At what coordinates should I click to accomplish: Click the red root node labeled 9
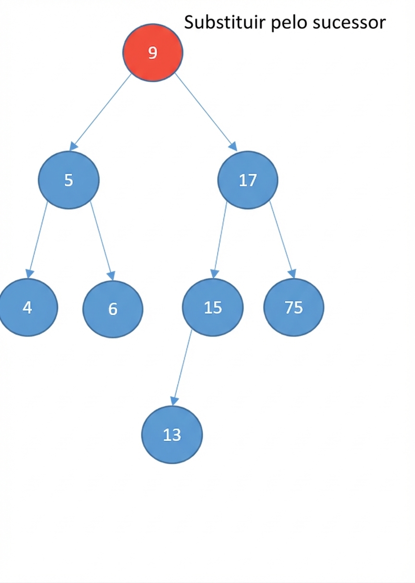point(153,52)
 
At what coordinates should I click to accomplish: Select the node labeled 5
point(69,180)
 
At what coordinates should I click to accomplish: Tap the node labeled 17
point(248,180)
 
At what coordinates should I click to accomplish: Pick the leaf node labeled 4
point(27,307)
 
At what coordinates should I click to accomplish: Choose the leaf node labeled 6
point(113,309)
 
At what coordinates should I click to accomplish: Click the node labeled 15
point(213,307)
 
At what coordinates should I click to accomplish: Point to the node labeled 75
point(294,307)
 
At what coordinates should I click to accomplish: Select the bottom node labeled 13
point(172,435)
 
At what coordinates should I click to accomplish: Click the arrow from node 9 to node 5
point(100,112)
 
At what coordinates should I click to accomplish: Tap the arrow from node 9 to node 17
point(206,112)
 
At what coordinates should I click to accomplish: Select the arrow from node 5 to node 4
point(37,240)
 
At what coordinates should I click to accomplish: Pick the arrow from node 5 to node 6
point(102,241)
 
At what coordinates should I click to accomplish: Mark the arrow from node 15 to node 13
point(182,367)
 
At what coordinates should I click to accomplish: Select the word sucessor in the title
point(349,24)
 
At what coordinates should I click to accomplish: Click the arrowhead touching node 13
point(174,401)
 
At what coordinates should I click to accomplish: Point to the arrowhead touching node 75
point(293,274)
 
